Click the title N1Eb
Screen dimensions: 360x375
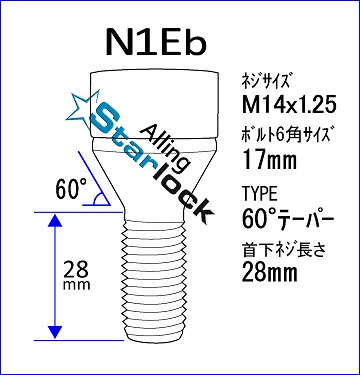tap(156, 42)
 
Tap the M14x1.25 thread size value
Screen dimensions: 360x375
tap(288, 106)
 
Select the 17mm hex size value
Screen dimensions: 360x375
tap(269, 160)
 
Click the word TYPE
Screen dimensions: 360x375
tap(260, 194)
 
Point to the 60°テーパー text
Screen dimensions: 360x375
tap(288, 218)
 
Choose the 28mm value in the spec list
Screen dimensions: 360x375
tap(269, 272)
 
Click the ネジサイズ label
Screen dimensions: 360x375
tap(263, 82)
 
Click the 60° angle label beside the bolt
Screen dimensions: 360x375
tap(71, 189)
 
